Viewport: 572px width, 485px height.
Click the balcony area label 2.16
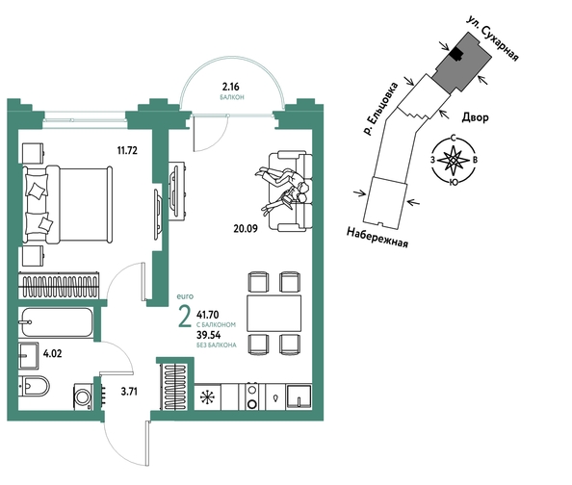tap(230, 87)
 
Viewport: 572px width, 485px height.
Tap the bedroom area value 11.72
tap(127, 150)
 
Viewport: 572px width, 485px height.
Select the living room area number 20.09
tap(246, 229)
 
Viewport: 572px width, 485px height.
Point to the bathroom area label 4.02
tap(53, 353)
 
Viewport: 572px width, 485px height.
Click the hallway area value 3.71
tap(129, 392)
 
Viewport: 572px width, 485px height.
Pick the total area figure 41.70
tap(208, 315)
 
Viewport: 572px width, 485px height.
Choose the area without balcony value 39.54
tap(209, 335)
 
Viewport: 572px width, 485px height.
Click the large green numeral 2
tap(185, 317)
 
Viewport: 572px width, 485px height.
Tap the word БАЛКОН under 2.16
tap(232, 97)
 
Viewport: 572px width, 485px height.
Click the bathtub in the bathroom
tap(57, 322)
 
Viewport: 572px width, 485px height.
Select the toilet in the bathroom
tap(35, 386)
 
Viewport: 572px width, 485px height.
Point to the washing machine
tap(83, 396)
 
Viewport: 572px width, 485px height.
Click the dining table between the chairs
tap(273, 314)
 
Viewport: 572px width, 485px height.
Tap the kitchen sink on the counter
tap(299, 396)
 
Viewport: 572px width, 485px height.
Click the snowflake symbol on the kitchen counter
tap(208, 397)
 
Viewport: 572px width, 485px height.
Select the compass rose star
tap(454, 160)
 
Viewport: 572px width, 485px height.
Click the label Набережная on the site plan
tap(377, 238)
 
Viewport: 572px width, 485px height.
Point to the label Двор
tap(475, 117)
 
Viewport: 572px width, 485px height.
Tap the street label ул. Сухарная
tap(492, 38)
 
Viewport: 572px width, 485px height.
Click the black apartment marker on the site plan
tap(456, 55)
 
